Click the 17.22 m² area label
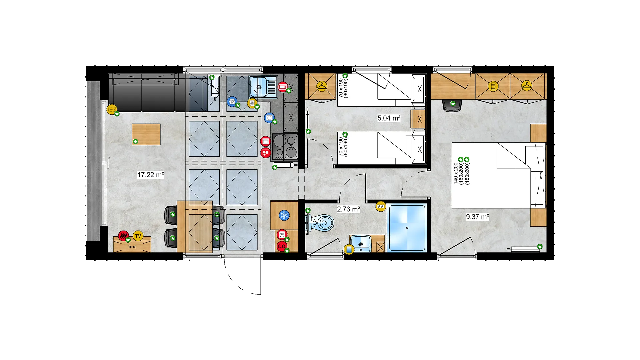click(151, 175)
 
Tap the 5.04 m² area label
click(389, 118)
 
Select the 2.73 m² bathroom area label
click(348, 209)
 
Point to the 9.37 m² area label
click(477, 217)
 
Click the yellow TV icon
click(138, 236)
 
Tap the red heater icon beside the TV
click(123, 236)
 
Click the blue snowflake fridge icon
click(284, 215)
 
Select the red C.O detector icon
click(282, 246)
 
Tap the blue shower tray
click(407, 228)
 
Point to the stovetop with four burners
click(285, 147)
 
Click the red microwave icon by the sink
click(283, 87)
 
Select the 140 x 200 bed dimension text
click(456, 173)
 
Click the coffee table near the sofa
click(146, 134)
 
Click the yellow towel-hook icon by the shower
click(381, 206)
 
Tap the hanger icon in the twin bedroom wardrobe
click(322, 86)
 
